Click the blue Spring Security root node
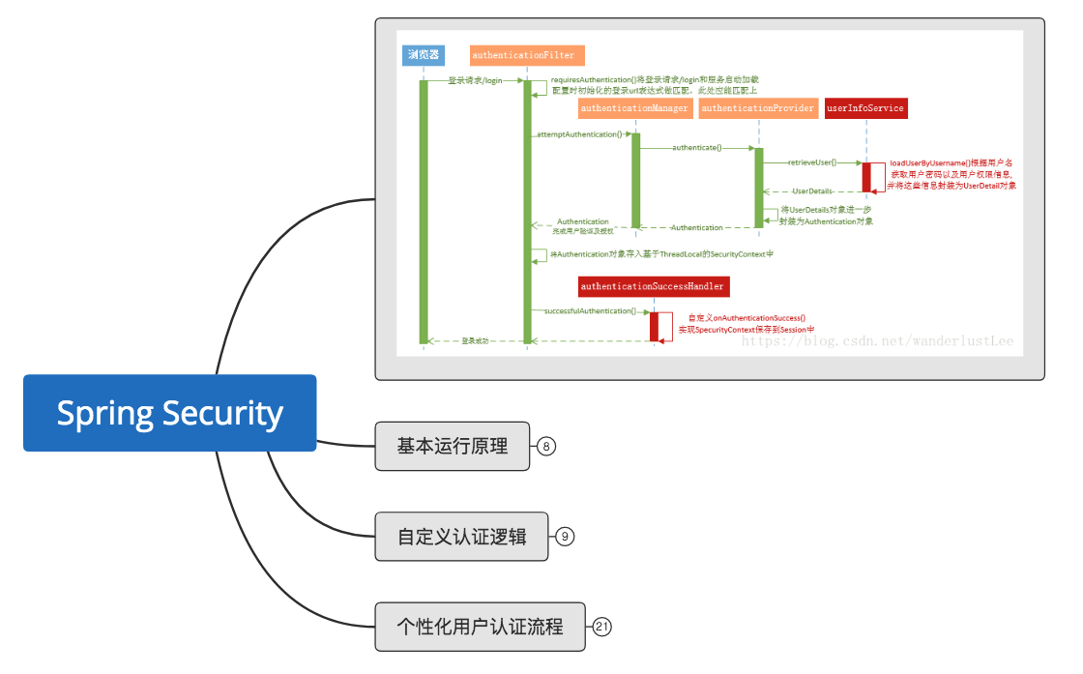tap(169, 413)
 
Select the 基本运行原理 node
tap(452, 446)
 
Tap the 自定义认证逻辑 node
tap(461, 536)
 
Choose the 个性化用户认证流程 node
tap(480, 627)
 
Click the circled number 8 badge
tap(546, 446)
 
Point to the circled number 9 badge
tap(565, 536)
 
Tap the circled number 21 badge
tap(601, 627)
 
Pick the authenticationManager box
tap(634, 108)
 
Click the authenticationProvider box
tap(758, 108)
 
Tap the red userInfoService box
tap(865, 108)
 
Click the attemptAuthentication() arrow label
tap(579, 133)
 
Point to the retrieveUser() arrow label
tap(812, 162)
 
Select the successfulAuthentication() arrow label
tap(590, 311)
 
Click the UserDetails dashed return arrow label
tap(812, 191)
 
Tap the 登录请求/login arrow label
tap(475, 80)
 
